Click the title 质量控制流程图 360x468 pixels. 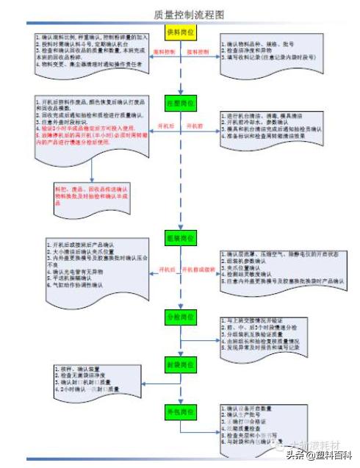(180, 14)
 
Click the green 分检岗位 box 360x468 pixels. (180, 317)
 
